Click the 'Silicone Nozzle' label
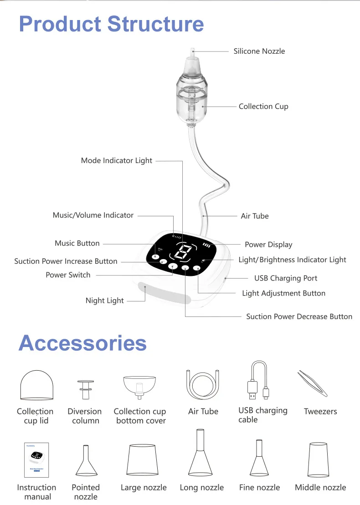(259, 51)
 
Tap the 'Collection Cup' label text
(263, 107)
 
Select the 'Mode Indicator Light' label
(116, 161)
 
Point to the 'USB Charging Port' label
(286, 278)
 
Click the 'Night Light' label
(104, 301)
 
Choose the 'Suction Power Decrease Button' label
(299, 316)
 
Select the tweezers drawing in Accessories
(312, 383)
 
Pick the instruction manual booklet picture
(36, 460)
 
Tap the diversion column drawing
(85, 390)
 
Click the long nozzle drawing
(200, 452)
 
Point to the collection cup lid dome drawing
(37, 385)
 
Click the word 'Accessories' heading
(82, 343)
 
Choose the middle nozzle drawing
(318, 459)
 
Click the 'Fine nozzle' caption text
(259, 488)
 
